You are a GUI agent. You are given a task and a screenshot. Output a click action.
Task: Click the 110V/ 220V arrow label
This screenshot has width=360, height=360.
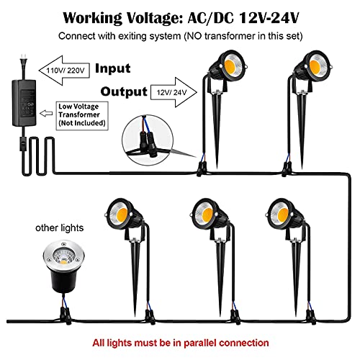(65, 71)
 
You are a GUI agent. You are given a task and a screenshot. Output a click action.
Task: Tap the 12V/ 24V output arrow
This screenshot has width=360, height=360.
(174, 92)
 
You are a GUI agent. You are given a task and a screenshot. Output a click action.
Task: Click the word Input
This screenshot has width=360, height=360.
(113, 68)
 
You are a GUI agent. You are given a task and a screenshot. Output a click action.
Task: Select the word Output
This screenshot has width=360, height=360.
(124, 92)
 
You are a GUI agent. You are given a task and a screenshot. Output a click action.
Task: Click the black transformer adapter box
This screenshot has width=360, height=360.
(24, 103)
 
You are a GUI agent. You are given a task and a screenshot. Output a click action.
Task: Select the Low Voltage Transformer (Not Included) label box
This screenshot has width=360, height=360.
(82, 116)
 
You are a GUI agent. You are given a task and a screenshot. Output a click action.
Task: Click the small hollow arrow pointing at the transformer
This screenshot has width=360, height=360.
(46, 113)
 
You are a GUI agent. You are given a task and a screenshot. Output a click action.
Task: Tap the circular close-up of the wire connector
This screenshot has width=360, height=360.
(148, 140)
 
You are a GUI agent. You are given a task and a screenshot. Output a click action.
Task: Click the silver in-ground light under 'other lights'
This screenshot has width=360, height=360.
(63, 265)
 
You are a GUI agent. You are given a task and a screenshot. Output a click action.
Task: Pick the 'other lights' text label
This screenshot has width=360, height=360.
(60, 228)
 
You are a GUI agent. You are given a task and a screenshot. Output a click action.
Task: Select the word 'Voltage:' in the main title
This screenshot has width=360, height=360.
(152, 18)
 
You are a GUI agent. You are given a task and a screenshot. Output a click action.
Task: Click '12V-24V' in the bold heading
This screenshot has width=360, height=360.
(269, 17)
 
